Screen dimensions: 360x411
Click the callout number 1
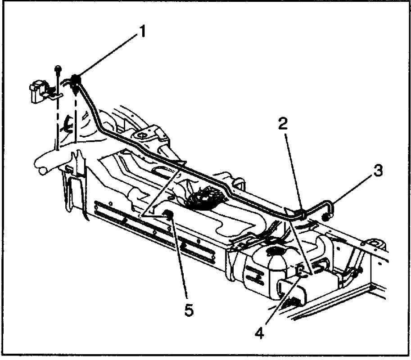(142, 33)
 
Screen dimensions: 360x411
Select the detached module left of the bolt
(37, 91)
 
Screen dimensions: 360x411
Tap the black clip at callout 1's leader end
(76, 81)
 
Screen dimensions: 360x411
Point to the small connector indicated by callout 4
(300, 270)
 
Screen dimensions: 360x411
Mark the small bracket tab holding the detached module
(54, 95)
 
